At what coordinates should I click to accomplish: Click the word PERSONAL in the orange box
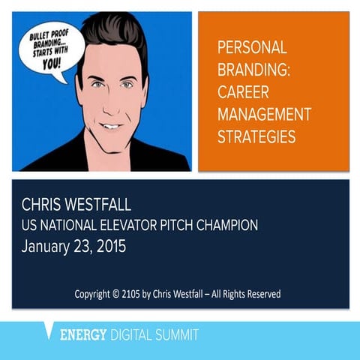tap(252, 48)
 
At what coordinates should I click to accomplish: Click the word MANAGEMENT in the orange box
tap(263, 115)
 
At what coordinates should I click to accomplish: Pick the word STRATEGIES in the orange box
tap(256, 138)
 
